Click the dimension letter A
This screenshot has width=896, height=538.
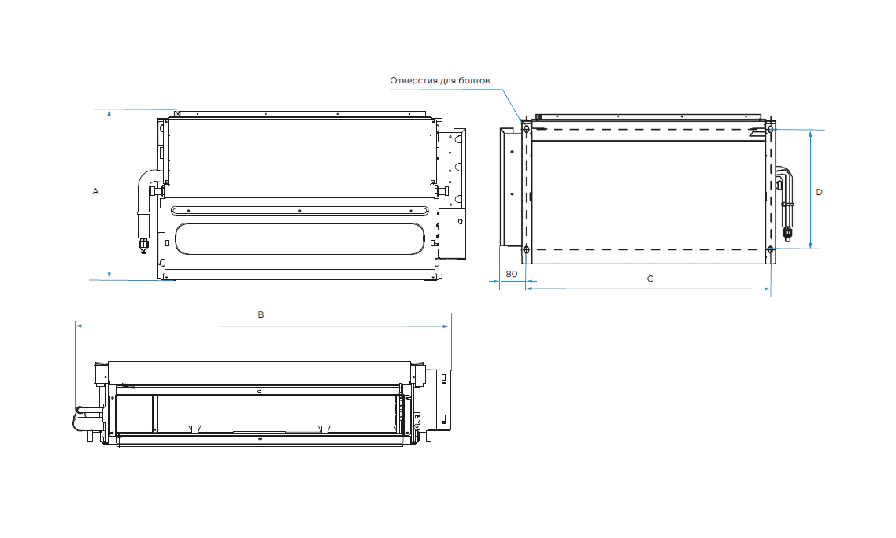click(95, 191)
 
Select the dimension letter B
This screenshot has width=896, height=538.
click(261, 315)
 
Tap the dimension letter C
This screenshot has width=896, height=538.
click(650, 278)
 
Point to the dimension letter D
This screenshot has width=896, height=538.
click(819, 192)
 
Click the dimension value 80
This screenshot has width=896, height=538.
click(511, 275)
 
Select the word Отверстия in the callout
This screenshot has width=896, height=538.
click(414, 80)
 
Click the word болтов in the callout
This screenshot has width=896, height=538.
click(476, 80)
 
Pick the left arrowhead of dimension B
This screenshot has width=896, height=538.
click(79, 324)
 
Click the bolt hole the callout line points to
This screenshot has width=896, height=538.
click(525, 128)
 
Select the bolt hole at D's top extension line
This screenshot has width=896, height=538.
click(772, 129)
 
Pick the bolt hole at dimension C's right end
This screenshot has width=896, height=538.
click(771, 250)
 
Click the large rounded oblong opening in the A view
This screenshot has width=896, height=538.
click(299, 238)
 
